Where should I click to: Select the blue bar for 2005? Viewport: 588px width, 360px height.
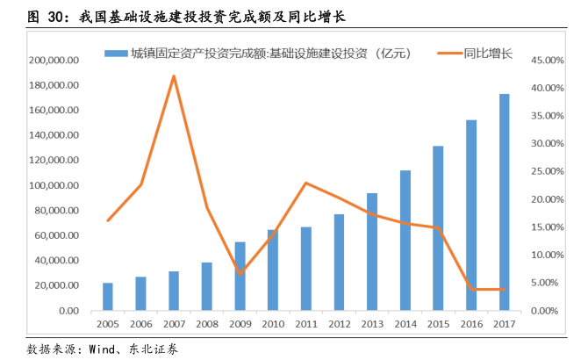108,297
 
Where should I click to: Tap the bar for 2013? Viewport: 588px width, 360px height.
372,251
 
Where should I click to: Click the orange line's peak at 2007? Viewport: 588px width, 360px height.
174,76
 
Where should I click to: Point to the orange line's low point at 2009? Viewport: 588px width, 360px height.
240,274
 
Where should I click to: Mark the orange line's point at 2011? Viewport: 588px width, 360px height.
305,183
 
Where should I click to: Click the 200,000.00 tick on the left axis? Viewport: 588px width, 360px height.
55,61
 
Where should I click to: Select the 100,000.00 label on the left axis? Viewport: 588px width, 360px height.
55,186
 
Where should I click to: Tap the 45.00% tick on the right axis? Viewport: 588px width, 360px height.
551,61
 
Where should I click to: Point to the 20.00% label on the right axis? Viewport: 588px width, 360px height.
551,199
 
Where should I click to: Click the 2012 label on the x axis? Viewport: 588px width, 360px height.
339,324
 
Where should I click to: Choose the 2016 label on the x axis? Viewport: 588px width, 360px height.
471,324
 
